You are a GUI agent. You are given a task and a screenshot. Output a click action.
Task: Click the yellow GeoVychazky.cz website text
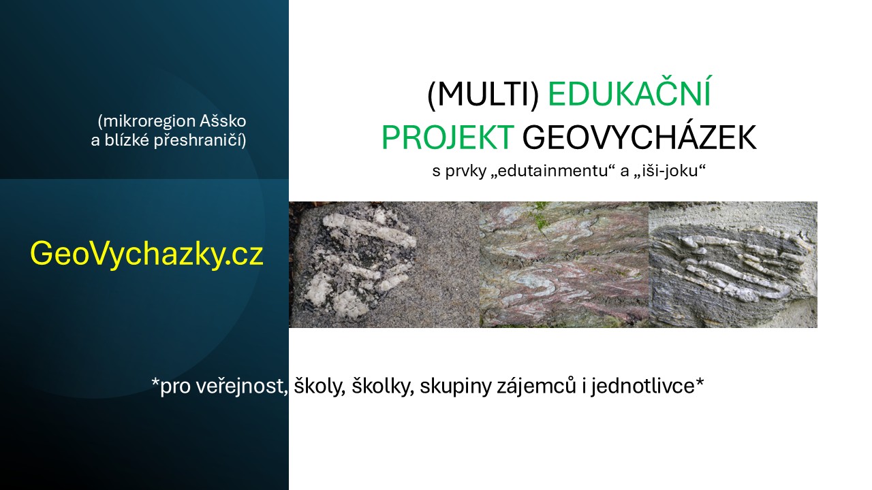click(x=146, y=255)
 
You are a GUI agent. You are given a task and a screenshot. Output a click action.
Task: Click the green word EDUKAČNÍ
click(x=629, y=95)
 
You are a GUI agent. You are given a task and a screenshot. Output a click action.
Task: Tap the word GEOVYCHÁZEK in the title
click(x=639, y=137)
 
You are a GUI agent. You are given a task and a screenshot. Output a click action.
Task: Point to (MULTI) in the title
click(x=483, y=95)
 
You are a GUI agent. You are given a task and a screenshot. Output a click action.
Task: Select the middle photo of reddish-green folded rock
click(x=564, y=264)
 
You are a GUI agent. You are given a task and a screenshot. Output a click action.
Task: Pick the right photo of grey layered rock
click(x=732, y=264)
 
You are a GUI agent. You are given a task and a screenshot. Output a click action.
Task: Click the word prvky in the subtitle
click(x=467, y=171)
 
